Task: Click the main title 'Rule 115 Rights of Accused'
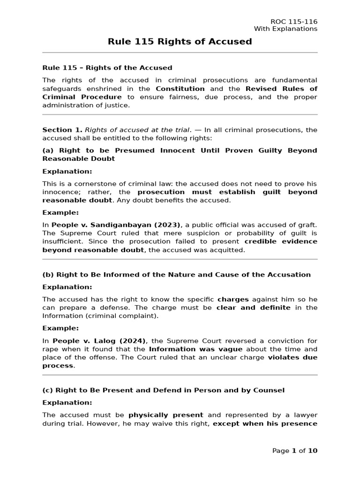pos(180,42)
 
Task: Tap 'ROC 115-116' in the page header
pos(294,22)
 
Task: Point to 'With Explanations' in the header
pos(285,29)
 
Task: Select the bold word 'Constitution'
pos(180,89)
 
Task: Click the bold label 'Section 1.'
pos(62,130)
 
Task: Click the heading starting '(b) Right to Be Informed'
pos(176,275)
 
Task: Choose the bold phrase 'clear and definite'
pos(253,307)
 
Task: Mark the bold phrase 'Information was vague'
pos(195,349)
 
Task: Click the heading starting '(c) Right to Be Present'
pos(163,390)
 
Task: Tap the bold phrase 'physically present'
pos(165,415)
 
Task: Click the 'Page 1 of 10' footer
pos(295,451)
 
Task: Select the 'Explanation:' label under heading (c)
pos(67,403)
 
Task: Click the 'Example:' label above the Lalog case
pos(60,328)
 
